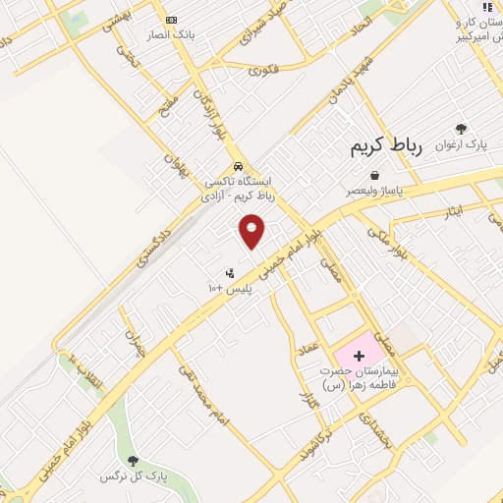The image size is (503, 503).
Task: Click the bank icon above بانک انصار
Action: click(x=172, y=21)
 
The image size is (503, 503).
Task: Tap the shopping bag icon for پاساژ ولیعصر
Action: click(x=374, y=175)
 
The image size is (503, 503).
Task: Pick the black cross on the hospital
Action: click(x=359, y=354)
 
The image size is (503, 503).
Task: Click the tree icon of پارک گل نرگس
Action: click(x=133, y=460)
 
